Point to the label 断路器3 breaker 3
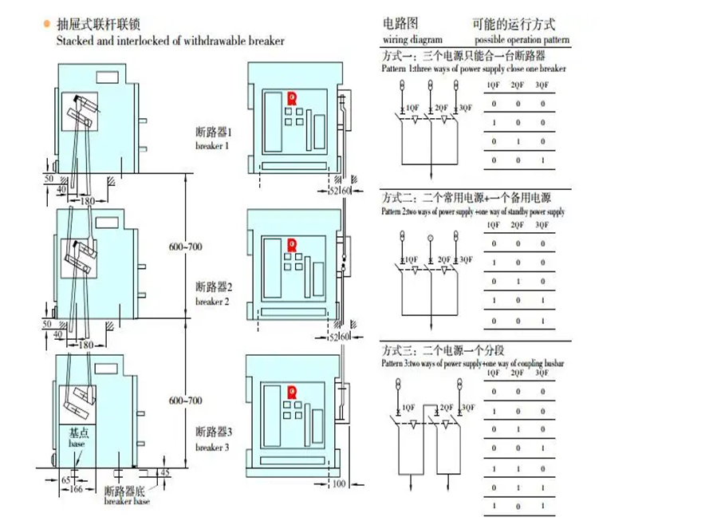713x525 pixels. [213, 438]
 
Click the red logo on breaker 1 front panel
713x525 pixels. [292, 98]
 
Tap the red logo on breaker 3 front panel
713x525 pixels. [292, 390]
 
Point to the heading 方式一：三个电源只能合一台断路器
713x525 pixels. [463, 57]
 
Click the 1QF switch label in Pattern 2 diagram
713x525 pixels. [412, 259]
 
